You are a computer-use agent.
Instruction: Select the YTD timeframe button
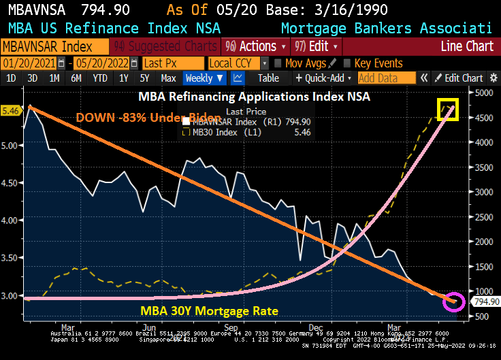[x=100, y=78]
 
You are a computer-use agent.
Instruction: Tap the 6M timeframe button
[x=76, y=78]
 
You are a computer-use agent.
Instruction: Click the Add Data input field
[x=386, y=78]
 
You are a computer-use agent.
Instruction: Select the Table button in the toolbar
[x=268, y=78]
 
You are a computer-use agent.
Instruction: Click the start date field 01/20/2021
[x=29, y=63]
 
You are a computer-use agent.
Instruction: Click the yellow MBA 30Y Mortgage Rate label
[x=209, y=311]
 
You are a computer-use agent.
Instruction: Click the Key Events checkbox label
[x=378, y=63]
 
